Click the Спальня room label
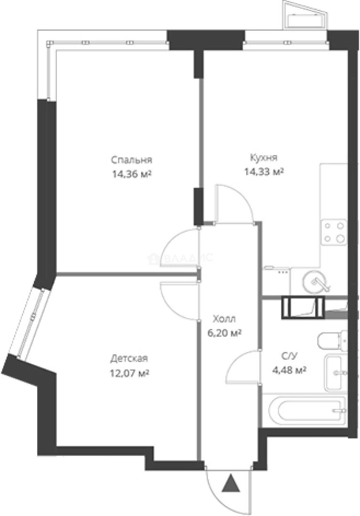pos(132,160)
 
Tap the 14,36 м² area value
pos(132,174)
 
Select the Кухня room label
pos(264,158)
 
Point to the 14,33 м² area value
pos(264,172)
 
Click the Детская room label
pos(129,358)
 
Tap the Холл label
pos(225,319)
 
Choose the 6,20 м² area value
pos(225,333)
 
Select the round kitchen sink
pos(316,281)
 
